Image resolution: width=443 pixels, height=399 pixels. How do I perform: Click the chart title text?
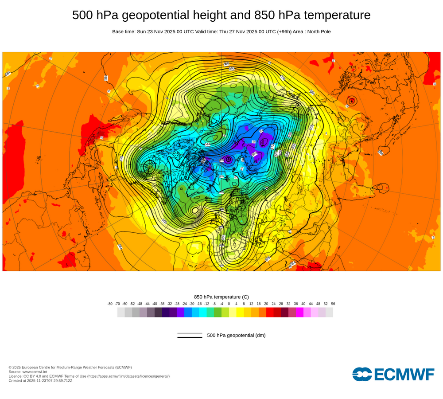click(221, 15)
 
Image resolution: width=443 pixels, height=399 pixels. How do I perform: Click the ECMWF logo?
click(393, 374)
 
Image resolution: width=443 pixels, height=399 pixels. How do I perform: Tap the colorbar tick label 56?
click(333, 304)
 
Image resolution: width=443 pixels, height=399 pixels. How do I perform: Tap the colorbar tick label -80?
click(110, 304)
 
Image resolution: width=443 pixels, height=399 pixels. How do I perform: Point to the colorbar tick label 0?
click(229, 304)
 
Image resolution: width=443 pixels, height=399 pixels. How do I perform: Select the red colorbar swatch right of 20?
click(270, 312)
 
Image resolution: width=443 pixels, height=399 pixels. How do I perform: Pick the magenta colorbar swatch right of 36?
click(299, 312)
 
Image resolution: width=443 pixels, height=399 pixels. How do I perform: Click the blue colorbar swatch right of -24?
click(188, 312)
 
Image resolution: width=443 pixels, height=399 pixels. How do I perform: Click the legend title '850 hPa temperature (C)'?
click(221, 297)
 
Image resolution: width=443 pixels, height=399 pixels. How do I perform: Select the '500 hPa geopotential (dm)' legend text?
click(236, 335)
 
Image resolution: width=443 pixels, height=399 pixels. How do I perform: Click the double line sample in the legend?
click(190, 335)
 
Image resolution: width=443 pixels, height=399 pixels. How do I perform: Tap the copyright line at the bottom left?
click(70, 367)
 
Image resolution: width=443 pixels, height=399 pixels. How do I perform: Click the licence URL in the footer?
click(128, 376)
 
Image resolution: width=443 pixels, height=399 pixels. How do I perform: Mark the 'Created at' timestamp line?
click(40, 380)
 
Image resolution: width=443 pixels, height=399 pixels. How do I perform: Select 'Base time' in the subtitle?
click(124, 31)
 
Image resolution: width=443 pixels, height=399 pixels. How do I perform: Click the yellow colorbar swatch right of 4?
click(240, 312)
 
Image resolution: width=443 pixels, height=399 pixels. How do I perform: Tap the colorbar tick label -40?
click(155, 304)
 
